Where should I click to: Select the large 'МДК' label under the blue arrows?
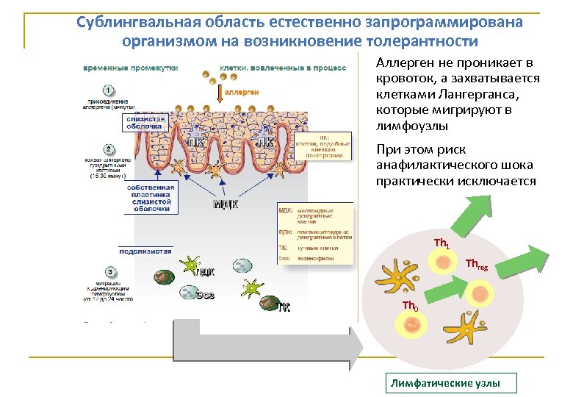[x=226, y=204]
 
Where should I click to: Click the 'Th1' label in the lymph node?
[x=442, y=243]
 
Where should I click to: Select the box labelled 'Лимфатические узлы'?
[x=452, y=383]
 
